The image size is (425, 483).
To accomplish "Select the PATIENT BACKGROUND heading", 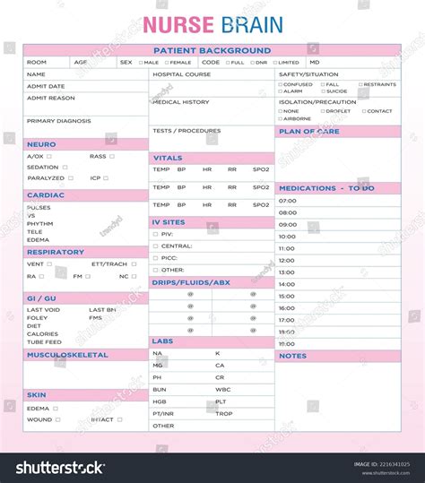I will tap(212, 51).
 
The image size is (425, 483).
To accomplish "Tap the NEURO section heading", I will tap(41, 143).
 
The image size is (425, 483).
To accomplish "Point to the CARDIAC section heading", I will tap(45, 194).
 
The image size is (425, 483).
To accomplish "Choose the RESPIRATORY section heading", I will tap(56, 252).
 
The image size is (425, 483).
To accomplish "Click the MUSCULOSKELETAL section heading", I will tap(67, 355).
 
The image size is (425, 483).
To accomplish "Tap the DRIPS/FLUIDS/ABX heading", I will tap(191, 282).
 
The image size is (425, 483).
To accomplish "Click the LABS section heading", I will tap(163, 341).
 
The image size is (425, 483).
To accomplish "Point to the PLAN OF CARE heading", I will tap(309, 132).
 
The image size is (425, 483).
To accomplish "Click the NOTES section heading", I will tap(292, 356).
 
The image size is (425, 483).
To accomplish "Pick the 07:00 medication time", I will tap(287, 201).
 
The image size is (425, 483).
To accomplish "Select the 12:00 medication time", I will tap(287, 260).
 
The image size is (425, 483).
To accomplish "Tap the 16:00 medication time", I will tap(287, 307).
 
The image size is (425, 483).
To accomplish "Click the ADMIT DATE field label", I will tap(46, 86).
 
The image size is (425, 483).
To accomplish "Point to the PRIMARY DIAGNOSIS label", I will tap(58, 120).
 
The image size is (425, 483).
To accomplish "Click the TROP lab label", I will tap(223, 413).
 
